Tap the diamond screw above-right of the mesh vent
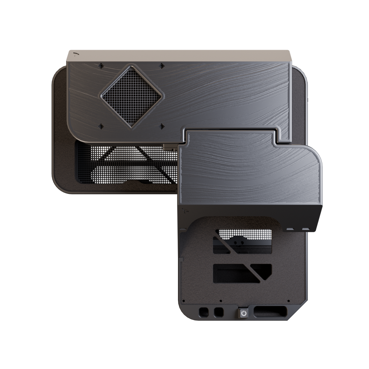pos(162,65)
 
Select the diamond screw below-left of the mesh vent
pos(101,126)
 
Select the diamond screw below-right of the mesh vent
pos(162,126)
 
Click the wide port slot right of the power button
pos(270,312)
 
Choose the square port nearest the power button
pos(219,312)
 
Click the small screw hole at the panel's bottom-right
pos(288,301)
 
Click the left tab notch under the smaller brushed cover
pos(290,229)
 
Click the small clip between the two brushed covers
pos(167,147)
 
